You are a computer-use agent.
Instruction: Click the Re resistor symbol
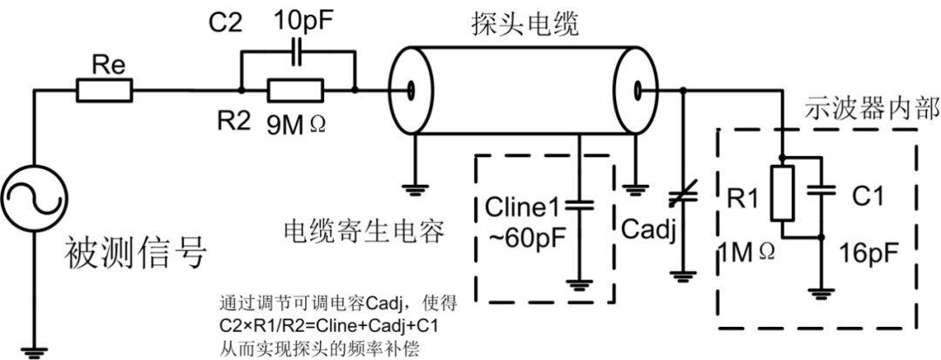tap(105, 91)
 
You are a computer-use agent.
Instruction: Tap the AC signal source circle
tap(35, 198)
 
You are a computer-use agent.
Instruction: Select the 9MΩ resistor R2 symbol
tap(295, 91)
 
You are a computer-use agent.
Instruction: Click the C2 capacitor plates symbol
tap(296, 53)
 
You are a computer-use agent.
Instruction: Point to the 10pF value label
tap(302, 22)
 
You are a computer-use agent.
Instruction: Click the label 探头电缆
tap(525, 25)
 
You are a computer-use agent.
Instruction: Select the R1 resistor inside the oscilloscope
tap(782, 194)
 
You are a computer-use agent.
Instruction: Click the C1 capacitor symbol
tap(822, 190)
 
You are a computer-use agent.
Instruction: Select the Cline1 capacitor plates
tap(579, 207)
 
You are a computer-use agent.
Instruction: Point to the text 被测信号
tap(136, 255)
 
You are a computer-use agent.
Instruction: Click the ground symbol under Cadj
tap(681, 276)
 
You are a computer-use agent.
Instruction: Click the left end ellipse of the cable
tap(410, 92)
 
